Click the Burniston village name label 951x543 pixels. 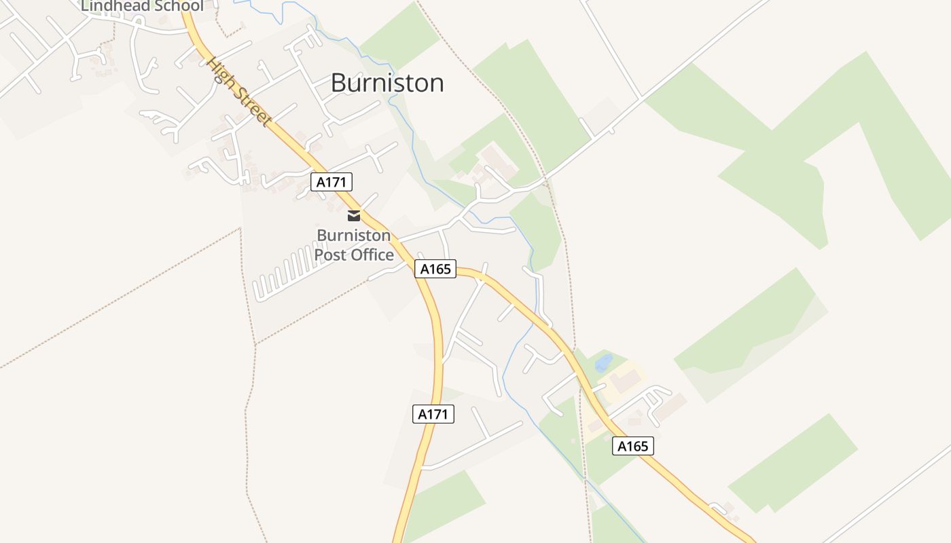point(387,83)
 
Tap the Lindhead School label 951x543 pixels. point(142,6)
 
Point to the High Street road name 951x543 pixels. point(240,92)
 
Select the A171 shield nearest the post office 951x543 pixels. point(332,181)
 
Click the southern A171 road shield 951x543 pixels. point(433,414)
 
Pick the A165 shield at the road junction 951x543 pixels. point(435,269)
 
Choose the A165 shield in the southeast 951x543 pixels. point(632,446)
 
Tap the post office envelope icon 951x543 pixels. point(354,216)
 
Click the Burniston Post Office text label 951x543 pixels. point(354,245)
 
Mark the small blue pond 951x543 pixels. point(603,363)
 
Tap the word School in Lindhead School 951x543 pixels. point(177,6)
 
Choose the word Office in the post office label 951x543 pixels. point(370,255)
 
